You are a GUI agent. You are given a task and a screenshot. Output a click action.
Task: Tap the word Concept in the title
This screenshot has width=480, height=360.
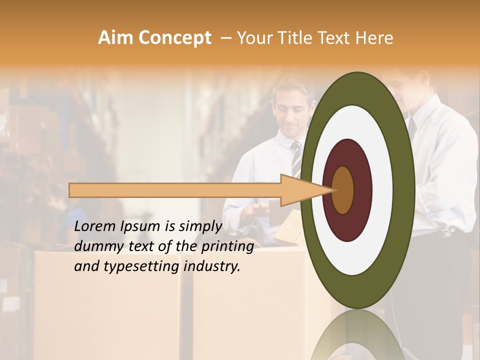click(174, 38)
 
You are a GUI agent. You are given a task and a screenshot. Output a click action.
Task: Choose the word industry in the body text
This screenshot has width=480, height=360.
click(212, 266)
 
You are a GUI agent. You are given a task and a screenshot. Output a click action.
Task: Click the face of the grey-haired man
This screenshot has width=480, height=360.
click(292, 108)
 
